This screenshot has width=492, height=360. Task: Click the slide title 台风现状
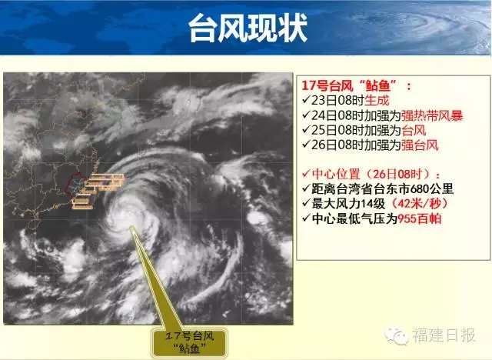coord(248,28)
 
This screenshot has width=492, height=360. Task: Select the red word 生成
coord(377,101)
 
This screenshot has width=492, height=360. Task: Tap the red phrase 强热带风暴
coord(432,115)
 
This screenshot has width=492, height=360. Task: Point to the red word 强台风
coord(420,145)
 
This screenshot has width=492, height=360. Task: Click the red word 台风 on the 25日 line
coord(414,130)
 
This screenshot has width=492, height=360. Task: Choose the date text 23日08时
coord(337,101)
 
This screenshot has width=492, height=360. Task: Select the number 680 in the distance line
coord(421,189)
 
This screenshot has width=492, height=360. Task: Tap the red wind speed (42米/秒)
coord(418,204)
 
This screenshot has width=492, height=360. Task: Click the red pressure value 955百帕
coord(420,218)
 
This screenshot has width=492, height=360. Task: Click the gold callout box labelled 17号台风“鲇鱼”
coord(189,342)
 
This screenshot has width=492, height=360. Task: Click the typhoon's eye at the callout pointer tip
coord(131,227)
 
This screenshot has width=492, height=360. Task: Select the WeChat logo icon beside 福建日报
coord(397,336)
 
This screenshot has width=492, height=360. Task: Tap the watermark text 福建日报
coord(444,335)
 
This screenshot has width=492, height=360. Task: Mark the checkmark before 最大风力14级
coord(306,203)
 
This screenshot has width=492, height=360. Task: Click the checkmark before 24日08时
coord(306,115)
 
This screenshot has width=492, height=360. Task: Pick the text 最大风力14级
coord(348,204)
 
